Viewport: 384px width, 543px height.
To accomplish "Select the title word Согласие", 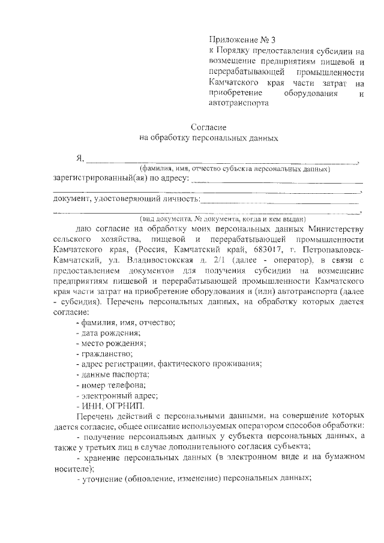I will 208,127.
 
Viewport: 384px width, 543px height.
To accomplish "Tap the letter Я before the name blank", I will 79,159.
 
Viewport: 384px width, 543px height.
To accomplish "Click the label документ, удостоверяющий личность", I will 125,199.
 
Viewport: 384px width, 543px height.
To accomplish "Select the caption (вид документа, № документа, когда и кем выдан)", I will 223,218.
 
